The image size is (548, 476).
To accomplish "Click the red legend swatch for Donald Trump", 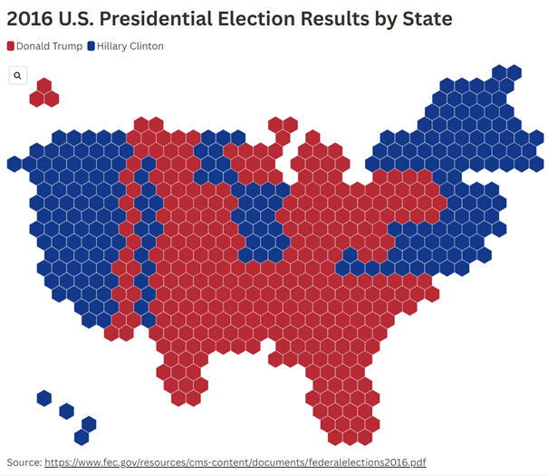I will [10, 46].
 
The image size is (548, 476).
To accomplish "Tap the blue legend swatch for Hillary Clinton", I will [91, 46].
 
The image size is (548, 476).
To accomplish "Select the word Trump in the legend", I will [67, 46].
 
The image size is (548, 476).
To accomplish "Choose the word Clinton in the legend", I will [145, 46].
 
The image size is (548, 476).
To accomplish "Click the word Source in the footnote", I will [24, 462].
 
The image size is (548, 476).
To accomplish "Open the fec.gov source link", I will [235, 462].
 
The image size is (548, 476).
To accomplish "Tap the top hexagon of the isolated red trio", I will [43, 85].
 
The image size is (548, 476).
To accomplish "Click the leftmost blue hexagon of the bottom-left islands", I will [43, 397].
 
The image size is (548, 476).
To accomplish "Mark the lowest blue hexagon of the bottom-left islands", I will [82, 437].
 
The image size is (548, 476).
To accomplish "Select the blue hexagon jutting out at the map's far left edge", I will [14, 164].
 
